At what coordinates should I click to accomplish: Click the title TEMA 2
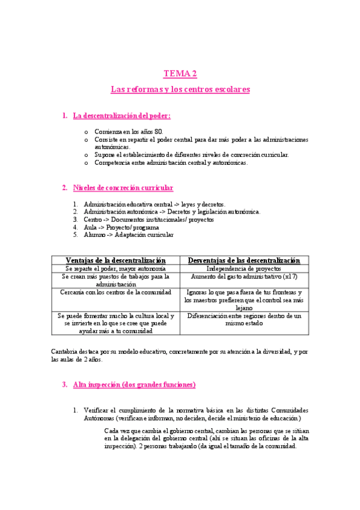tap(180, 74)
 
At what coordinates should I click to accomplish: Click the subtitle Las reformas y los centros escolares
tap(180, 90)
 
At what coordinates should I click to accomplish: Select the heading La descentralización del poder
tap(121, 115)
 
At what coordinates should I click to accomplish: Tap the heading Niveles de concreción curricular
tap(123, 188)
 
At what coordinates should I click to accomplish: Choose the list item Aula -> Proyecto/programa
tap(121, 227)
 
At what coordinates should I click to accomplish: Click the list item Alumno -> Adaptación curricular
tap(129, 235)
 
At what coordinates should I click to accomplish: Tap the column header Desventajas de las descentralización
tap(243, 260)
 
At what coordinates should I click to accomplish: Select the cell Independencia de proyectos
tap(243, 268)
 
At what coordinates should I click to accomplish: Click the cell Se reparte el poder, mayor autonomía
tap(115, 268)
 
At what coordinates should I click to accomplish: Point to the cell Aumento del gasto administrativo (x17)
tap(243, 277)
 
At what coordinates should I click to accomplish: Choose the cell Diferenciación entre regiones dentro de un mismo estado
tap(243, 319)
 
